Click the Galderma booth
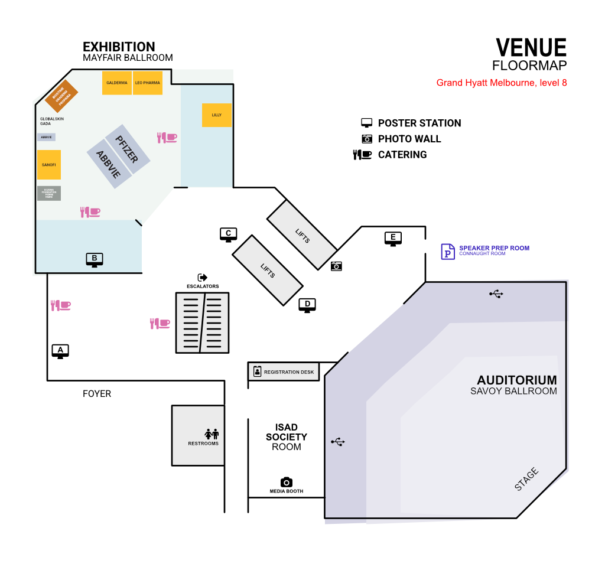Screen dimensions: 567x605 point(116,83)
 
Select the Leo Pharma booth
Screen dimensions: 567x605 point(148,83)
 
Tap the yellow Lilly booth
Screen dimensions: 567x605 point(217,115)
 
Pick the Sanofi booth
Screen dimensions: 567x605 point(49,165)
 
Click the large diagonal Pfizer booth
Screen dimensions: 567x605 point(128,149)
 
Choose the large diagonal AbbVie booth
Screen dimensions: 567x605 point(109,164)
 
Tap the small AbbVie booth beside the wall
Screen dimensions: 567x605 point(47,137)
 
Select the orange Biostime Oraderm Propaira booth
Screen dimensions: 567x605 point(61,96)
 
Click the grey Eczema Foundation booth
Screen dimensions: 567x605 point(49,193)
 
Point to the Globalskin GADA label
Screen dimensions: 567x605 point(51,121)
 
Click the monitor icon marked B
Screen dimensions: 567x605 point(95,259)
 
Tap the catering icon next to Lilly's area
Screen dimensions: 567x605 point(167,138)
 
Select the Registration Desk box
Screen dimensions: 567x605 point(284,372)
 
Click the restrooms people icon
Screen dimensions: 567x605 point(212,434)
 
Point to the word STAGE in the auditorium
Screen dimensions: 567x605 point(526,479)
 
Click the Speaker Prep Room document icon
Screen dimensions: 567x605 point(448,251)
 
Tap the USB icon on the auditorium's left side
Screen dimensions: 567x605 point(338,442)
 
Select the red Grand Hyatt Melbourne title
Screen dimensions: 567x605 point(502,83)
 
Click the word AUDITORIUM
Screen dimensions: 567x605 point(516,380)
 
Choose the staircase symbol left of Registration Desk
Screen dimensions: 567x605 point(202,322)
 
